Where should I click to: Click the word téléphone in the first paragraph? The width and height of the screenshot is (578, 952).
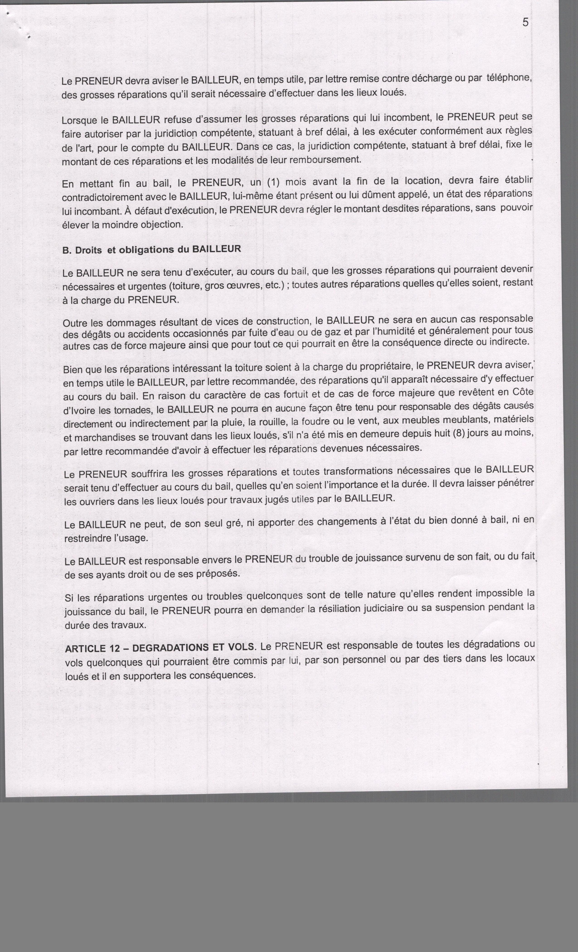point(509,78)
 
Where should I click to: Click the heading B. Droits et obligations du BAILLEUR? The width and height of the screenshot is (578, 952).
point(151,250)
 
